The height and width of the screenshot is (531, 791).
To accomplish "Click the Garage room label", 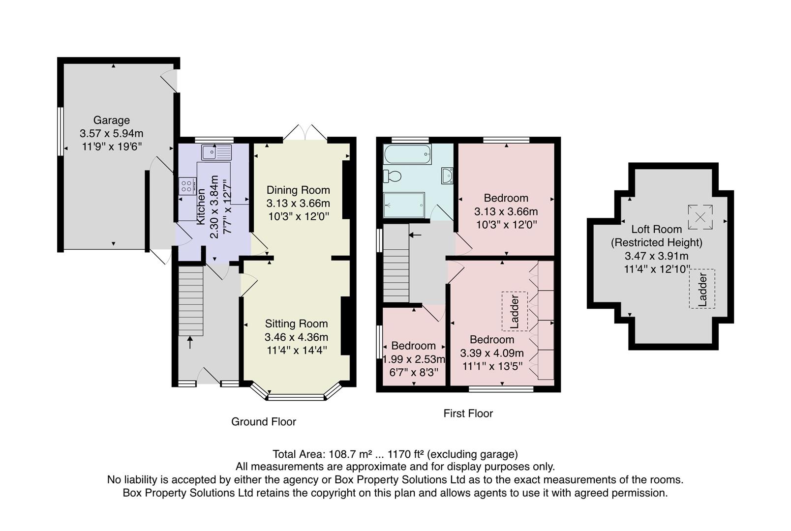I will coord(112,120).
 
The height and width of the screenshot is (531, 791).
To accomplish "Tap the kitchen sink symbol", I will coord(216,152).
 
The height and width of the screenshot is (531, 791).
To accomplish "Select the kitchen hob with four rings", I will coord(187,186).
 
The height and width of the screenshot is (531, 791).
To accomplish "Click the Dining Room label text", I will coord(298,190).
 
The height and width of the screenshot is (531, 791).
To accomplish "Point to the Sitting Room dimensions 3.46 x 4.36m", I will coord(296,337).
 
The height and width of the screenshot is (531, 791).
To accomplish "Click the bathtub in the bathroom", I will coord(407,154).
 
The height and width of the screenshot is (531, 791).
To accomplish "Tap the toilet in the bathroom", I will coord(393,176).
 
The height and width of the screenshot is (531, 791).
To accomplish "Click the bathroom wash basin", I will coord(447,176).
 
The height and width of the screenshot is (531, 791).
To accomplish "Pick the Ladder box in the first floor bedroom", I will coord(515,311).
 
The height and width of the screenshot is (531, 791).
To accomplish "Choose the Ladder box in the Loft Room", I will coord(702,289).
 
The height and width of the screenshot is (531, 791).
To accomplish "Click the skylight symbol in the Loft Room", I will coord(700,217).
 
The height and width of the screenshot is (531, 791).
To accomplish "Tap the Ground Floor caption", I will coord(264,422).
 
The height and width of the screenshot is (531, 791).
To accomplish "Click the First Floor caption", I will coord(468,413).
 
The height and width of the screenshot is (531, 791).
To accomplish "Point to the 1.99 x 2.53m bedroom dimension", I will coord(414,359).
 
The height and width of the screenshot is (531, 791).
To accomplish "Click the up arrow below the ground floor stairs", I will coord(190,342).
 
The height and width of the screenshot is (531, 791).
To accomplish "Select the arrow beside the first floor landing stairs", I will coord(415,235).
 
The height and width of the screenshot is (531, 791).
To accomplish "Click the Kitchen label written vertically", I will coord(201,206).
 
